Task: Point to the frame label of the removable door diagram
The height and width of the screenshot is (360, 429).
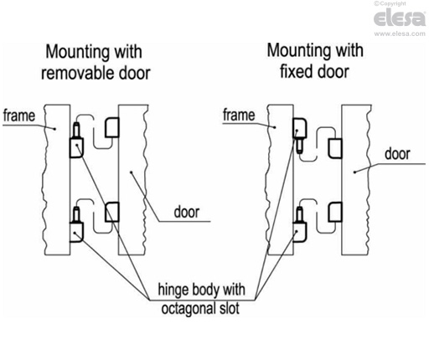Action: tap(18, 114)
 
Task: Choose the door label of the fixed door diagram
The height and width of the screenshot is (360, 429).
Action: tap(396, 155)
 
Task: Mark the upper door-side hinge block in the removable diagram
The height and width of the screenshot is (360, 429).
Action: tap(111, 127)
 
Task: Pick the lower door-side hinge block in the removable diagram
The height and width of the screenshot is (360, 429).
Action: tap(111, 213)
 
